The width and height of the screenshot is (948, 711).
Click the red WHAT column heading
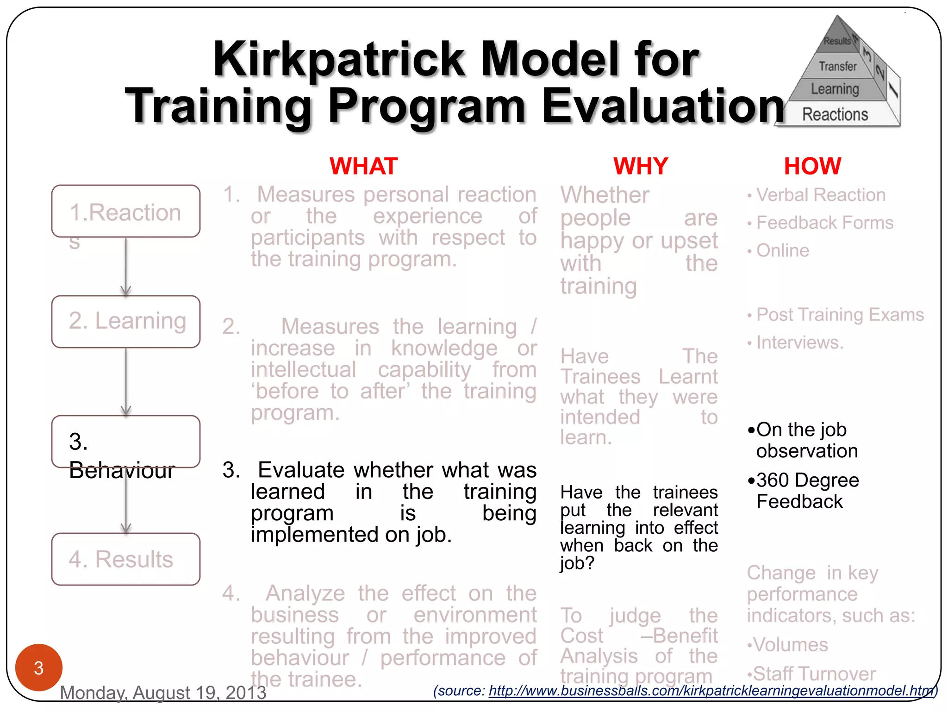(x=363, y=166)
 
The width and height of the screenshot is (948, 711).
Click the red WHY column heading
(x=641, y=166)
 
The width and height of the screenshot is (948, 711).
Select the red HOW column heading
(x=812, y=166)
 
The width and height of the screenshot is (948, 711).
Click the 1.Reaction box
(x=125, y=212)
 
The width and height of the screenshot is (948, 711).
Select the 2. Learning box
(x=125, y=322)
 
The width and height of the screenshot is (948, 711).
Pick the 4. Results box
(x=125, y=559)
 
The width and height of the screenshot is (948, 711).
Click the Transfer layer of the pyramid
(x=837, y=67)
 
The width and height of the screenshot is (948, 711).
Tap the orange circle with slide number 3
(x=39, y=667)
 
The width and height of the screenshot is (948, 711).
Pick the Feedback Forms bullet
(x=824, y=223)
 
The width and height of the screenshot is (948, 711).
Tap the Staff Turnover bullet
(x=814, y=674)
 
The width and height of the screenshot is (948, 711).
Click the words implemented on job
(x=351, y=535)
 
